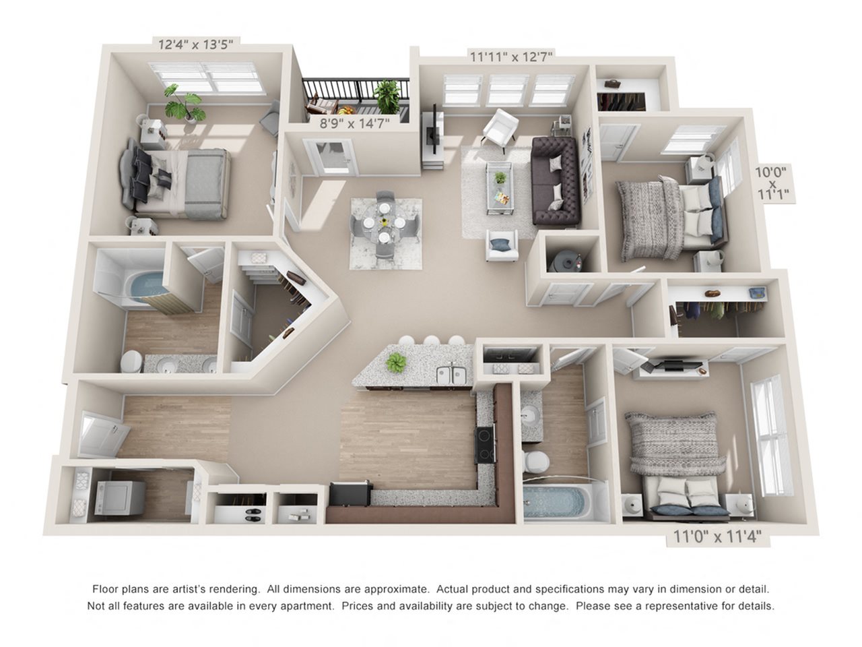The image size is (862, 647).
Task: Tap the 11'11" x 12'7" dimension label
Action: click(511, 57)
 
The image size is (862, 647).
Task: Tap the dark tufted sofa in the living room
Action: click(556, 180)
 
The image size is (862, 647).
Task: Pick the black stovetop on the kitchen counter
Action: click(484, 444)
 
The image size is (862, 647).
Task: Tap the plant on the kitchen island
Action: click(396, 363)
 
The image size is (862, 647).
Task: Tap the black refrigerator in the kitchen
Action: click(348, 495)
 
